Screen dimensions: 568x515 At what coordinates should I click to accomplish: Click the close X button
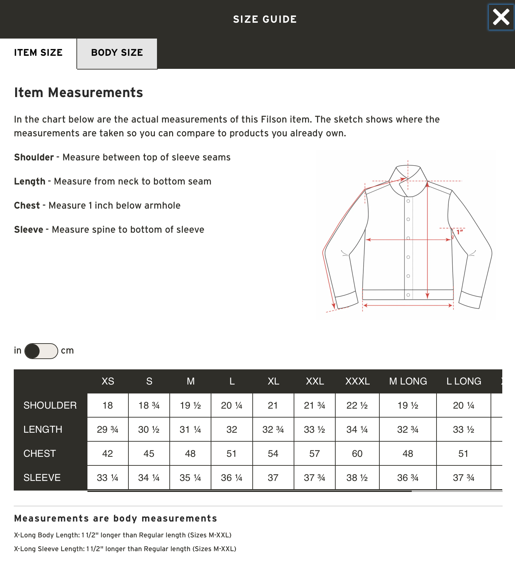tap(501, 17)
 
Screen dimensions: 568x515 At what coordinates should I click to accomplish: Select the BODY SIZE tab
tap(117, 53)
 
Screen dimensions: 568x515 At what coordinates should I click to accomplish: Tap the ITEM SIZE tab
tap(38, 53)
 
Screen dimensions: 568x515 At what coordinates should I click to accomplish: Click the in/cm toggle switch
tap(41, 351)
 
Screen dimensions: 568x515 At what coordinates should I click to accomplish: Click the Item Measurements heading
tap(78, 93)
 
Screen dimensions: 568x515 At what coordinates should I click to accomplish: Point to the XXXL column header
tap(357, 381)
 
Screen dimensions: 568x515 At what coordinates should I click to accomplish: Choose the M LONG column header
tap(408, 381)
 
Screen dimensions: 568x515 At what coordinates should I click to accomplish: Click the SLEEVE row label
tap(42, 478)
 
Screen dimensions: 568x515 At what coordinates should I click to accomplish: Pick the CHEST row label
tap(40, 454)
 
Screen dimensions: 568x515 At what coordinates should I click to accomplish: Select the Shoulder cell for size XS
tap(108, 406)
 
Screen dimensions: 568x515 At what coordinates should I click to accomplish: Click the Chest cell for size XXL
tap(315, 454)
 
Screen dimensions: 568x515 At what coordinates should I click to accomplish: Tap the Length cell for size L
tap(232, 430)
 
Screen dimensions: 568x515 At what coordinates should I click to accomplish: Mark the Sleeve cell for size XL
tap(273, 478)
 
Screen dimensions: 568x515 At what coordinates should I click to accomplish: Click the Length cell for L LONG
tap(463, 430)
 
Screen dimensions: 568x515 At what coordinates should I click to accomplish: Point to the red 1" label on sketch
tap(460, 232)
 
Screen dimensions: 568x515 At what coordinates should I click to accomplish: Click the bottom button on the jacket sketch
tap(408, 295)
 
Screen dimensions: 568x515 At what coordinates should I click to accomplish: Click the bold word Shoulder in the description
tap(34, 158)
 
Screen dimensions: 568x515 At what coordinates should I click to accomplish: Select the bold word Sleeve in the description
tap(29, 230)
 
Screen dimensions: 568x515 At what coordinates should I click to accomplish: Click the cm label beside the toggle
tap(67, 351)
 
